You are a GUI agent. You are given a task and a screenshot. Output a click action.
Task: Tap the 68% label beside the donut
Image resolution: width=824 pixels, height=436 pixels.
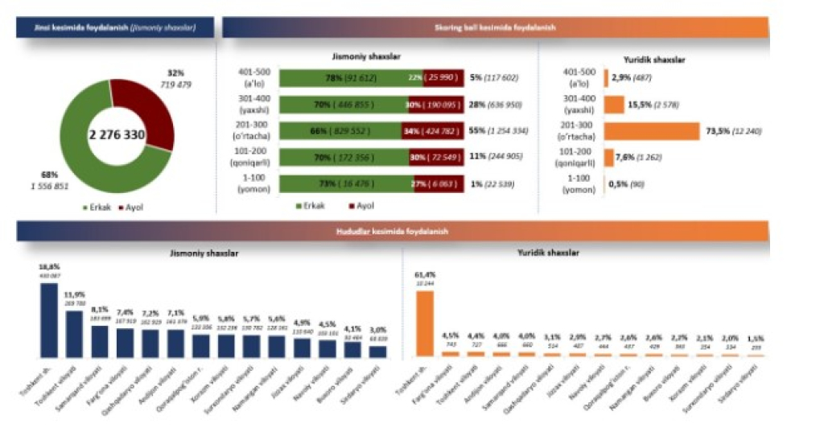coord(49,175)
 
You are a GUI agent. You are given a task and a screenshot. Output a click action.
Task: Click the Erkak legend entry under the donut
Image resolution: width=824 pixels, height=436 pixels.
coord(97,207)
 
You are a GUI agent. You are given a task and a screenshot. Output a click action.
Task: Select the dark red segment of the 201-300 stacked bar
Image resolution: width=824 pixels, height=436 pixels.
coord(432,131)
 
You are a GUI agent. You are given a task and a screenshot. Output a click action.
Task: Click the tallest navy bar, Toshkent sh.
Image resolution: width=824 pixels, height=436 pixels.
coord(49,319)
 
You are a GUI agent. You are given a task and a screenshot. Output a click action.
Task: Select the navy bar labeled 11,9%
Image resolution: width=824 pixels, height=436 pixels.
coord(74,333)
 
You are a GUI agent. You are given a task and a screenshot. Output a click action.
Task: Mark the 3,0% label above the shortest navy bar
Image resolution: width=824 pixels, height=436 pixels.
coord(377,328)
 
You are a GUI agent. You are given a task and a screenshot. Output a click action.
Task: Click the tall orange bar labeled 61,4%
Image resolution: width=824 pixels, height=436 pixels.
coord(425,323)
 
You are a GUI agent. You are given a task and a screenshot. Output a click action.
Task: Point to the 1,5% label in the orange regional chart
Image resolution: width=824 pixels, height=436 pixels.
coord(756,338)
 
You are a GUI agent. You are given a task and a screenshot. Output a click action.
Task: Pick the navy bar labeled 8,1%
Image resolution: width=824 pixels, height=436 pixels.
coord(100,340)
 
